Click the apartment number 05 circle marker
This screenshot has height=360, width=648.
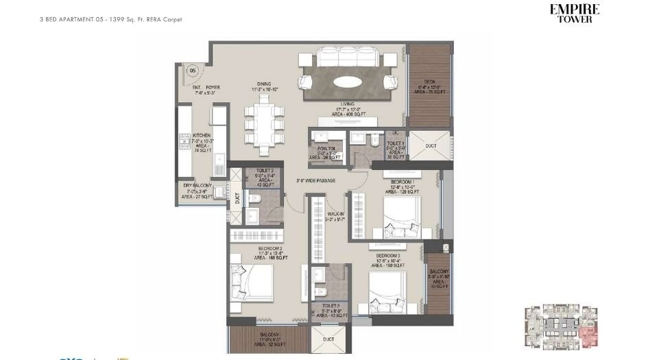coord(193,70)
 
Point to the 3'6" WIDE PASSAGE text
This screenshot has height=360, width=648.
coord(315,181)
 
